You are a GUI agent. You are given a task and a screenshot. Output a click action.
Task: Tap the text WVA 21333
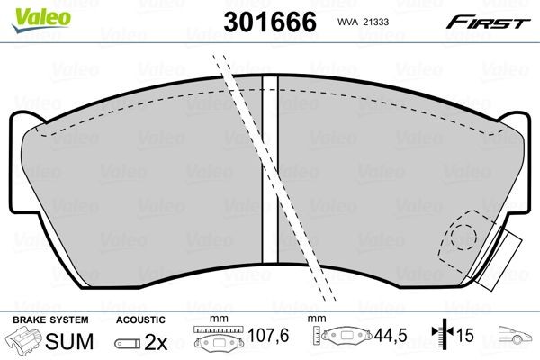coord(362,20)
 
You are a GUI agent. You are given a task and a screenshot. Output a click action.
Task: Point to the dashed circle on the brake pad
coord(463,237)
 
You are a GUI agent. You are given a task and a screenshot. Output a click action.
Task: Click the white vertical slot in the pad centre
coord(269,180)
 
